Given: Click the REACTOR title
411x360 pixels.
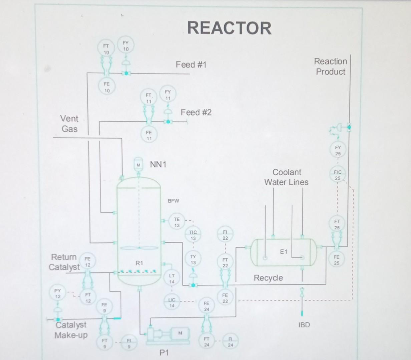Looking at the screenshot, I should pyautogui.click(x=230, y=28).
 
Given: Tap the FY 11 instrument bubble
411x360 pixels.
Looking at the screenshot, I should pyautogui.click(x=168, y=95).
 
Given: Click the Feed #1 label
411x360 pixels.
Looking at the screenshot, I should pyautogui.click(x=191, y=64).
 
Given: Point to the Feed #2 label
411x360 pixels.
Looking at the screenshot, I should pyautogui.click(x=196, y=112).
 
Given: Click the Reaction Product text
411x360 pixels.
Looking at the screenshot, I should pyautogui.click(x=331, y=66).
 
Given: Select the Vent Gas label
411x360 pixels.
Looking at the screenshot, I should pyautogui.click(x=69, y=124).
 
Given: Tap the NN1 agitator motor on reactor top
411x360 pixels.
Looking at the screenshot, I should pyautogui.click(x=138, y=164).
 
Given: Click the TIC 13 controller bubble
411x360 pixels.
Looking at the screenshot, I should pyautogui.click(x=193, y=235).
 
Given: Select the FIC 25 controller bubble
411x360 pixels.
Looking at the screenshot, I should pyautogui.click(x=338, y=175).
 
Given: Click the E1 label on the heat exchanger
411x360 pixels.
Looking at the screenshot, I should pyautogui.click(x=284, y=252).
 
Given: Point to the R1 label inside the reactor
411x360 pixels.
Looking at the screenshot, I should pyautogui.click(x=139, y=263).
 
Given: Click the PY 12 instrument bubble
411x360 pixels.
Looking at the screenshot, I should pyautogui.click(x=58, y=293).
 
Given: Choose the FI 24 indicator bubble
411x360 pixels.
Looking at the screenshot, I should pyautogui.click(x=230, y=342).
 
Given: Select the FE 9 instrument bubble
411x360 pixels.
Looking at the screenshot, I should pyautogui.click(x=104, y=307).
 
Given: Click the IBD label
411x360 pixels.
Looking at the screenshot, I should pyautogui.click(x=304, y=325).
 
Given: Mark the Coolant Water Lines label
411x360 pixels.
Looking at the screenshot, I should pyautogui.click(x=287, y=177).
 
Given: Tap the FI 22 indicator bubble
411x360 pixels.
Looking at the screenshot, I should pyautogui.click(x=225, y=235).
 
